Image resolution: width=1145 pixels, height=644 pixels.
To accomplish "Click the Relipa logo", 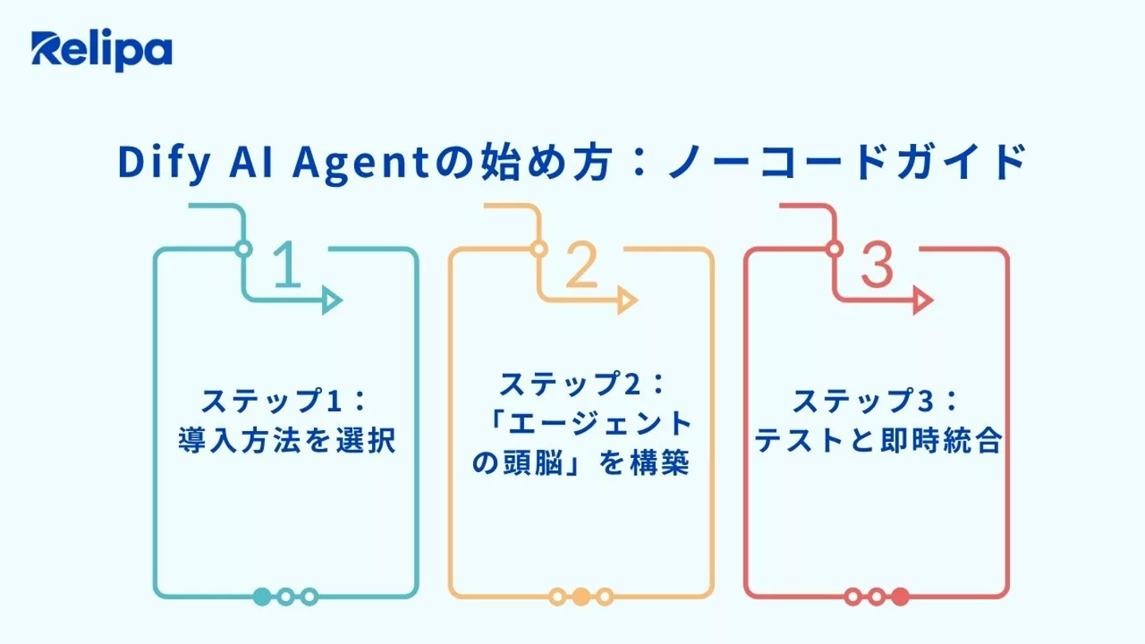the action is tap(102, 51).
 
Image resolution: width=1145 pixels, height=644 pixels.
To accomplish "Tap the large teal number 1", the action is tap(287, 264).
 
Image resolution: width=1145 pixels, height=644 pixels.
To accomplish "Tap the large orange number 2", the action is tap(582, 264).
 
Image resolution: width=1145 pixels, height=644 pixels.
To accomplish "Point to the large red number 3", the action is tap(877, 264).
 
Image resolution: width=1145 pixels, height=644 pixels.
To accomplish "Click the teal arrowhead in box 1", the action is tap(332, 300).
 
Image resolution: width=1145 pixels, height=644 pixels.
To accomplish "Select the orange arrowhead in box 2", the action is tap(627, 300).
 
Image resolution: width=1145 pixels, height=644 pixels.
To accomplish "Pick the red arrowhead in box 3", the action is tap(922, 300).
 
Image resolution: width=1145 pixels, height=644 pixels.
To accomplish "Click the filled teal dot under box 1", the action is tap(262, 596).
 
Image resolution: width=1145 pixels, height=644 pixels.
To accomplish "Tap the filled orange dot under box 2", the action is tap(581, 596).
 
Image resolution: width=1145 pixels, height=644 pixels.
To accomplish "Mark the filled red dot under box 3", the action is tap(900, 596).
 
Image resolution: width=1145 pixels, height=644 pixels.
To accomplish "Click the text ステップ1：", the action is tap(285, 401).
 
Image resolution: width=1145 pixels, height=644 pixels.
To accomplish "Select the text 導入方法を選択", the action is tap(287, 440).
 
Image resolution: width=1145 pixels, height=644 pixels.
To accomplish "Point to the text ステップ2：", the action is tap(582, 384).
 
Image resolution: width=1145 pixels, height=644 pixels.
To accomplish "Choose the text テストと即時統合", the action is tap(878, 440).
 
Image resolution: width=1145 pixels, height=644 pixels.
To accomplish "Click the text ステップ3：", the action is tap(876, 401).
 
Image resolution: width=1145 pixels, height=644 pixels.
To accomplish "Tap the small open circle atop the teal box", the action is tap(244, 249).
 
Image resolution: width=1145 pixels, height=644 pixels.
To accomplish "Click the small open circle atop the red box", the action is tap(834, 249).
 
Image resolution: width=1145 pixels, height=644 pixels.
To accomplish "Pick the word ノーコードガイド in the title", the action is tap(848, 162).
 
